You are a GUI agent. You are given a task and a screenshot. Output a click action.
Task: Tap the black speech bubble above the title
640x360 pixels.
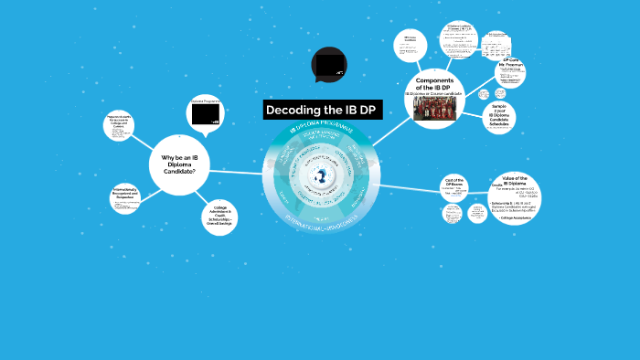[329, 64]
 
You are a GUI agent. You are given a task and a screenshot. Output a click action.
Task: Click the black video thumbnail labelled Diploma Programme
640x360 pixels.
[204, 113]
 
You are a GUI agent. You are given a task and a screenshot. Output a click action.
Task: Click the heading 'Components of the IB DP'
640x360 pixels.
[436, 86]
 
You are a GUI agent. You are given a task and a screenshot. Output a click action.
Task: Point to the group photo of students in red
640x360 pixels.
[434, 108]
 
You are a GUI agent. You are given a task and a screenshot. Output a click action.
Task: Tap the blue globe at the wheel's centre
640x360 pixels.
[321, 176]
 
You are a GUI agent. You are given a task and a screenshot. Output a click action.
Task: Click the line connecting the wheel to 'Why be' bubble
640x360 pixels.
[232, 172]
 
